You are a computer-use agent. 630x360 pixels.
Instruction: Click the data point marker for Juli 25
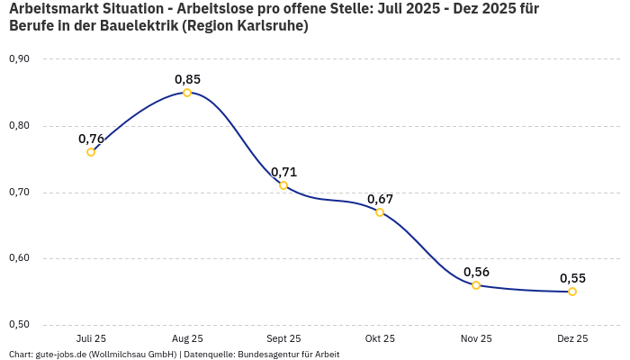91,152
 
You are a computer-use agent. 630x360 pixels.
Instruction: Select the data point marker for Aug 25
187,93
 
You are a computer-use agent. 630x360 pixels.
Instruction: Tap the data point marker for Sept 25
283,185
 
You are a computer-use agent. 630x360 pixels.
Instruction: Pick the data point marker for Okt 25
380,212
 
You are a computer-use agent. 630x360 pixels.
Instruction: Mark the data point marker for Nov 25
476,285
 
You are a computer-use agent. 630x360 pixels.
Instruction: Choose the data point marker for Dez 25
572,292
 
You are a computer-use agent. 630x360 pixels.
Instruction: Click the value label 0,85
187,79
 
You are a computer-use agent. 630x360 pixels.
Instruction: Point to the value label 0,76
91,139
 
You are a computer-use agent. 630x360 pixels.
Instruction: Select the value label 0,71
283,172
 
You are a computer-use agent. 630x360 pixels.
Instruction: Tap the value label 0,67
380,199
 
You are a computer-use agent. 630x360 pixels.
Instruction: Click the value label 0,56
476,272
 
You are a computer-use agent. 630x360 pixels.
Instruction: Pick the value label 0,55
572,278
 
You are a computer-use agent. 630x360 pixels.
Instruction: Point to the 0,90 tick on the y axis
19,59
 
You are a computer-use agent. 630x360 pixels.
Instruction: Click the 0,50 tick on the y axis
19,325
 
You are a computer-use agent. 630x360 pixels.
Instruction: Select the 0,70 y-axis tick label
19,193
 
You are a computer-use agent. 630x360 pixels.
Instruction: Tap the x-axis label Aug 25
187,339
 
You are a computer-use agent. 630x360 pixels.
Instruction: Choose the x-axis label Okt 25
380,339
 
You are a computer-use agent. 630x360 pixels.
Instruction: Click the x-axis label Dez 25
572,339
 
